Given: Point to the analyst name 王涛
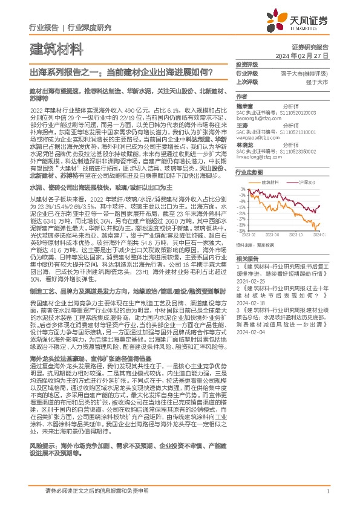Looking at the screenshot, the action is (x=242, y=126).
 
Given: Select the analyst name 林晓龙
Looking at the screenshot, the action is (x=244, y=145).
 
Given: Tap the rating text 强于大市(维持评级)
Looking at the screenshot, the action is (x=307, y=73).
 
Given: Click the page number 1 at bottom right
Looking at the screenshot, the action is (x=327, y=492).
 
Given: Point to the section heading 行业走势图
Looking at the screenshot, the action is (x=249, y=172).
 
